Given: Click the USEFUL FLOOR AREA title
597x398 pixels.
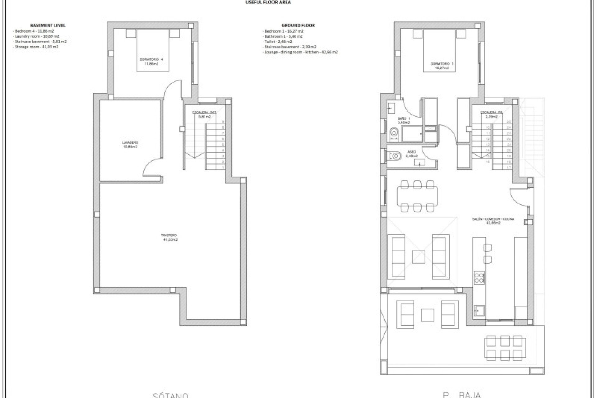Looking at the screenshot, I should click(268, 2).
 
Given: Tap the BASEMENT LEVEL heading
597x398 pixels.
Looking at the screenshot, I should click(48, 25).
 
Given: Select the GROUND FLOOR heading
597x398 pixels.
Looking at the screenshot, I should click(298, 25).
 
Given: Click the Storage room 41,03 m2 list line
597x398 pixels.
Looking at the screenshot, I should click(36, 47).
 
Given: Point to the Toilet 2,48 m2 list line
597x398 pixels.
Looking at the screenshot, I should click(278, 42).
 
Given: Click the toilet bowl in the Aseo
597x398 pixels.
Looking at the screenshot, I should click(395, 155).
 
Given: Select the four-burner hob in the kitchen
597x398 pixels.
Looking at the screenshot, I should click(479, 277).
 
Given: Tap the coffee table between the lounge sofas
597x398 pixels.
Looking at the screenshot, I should click(419, 257).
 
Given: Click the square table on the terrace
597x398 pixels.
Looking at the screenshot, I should click(428, 315).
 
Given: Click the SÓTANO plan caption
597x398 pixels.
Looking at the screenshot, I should click(170, 395).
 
